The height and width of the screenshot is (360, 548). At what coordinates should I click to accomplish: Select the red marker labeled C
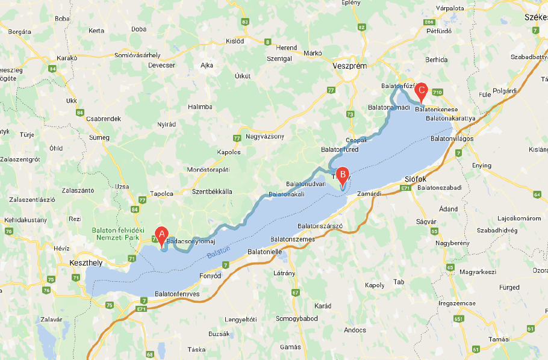click(x=422, y=92)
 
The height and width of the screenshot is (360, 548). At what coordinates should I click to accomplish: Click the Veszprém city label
click(x=349, y=67)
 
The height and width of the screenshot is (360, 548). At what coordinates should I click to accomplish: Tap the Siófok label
click(x=414, y=179)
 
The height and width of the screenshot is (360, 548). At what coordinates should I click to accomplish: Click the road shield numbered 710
click(x=437, y=92)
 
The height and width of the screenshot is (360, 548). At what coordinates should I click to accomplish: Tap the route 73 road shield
click(x=351, y=114)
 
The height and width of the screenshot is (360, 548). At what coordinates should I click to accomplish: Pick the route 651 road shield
click(x=458, y=319)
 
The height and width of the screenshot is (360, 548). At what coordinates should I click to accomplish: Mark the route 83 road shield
click(x=244, y=22)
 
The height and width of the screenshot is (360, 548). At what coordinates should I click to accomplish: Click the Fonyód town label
click(x=210, y=276)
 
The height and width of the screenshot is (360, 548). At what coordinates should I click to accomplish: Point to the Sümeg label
click(x=99, y=137)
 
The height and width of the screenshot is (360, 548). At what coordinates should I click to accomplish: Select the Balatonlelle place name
click(x=265, y=252)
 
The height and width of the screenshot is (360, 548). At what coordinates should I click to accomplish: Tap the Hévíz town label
click(x=62, y=247)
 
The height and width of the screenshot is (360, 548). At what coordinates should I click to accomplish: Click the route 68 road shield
click(x=149, y=354)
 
